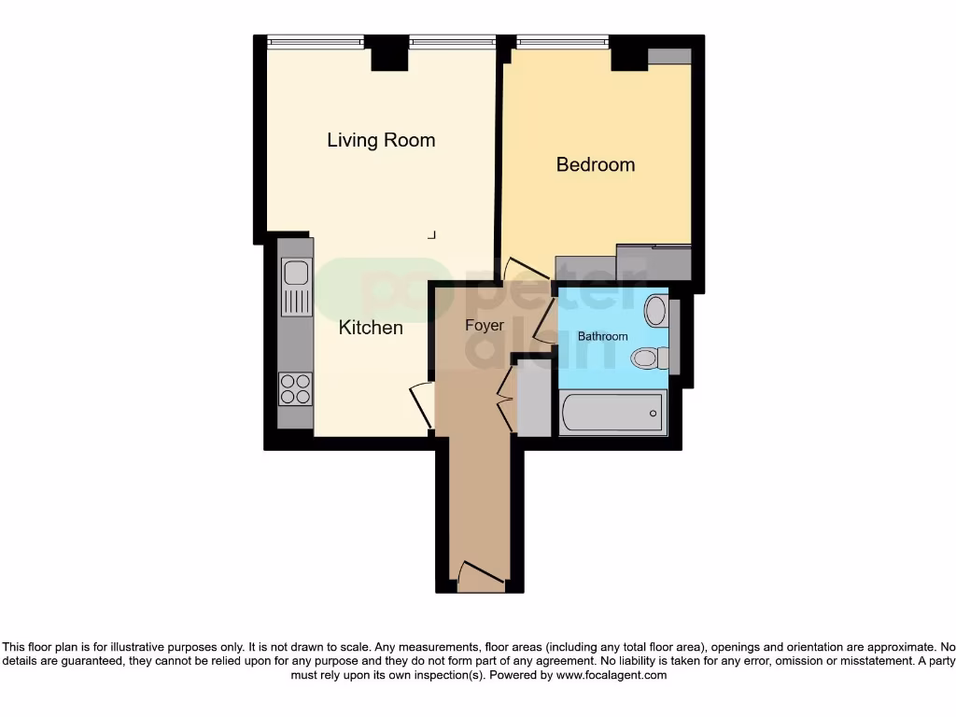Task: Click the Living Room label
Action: [x=381, y=140]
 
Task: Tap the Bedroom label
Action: [x=595, y=164]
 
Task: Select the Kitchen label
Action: [x=371, y=328]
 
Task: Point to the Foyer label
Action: [x=484, y=326]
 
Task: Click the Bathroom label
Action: [x=602, y=336]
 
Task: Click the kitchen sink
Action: [x=296, y=274]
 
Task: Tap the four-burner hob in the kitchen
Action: [x=296, y=388]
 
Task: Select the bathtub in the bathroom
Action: [x=612, y=413]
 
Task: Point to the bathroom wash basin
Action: [x=656, y=310]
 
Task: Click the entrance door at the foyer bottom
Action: [x=483, y=573]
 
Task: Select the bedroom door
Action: [x=513, y=271]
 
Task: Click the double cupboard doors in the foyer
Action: [x=505, y=400]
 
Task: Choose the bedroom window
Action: [x=562, y=41]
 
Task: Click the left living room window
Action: [x=315, y=41]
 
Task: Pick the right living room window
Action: [x=452, y=41]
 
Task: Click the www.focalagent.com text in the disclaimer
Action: [x=612, y=674]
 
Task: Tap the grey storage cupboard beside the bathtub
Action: [x=535, y=405]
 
